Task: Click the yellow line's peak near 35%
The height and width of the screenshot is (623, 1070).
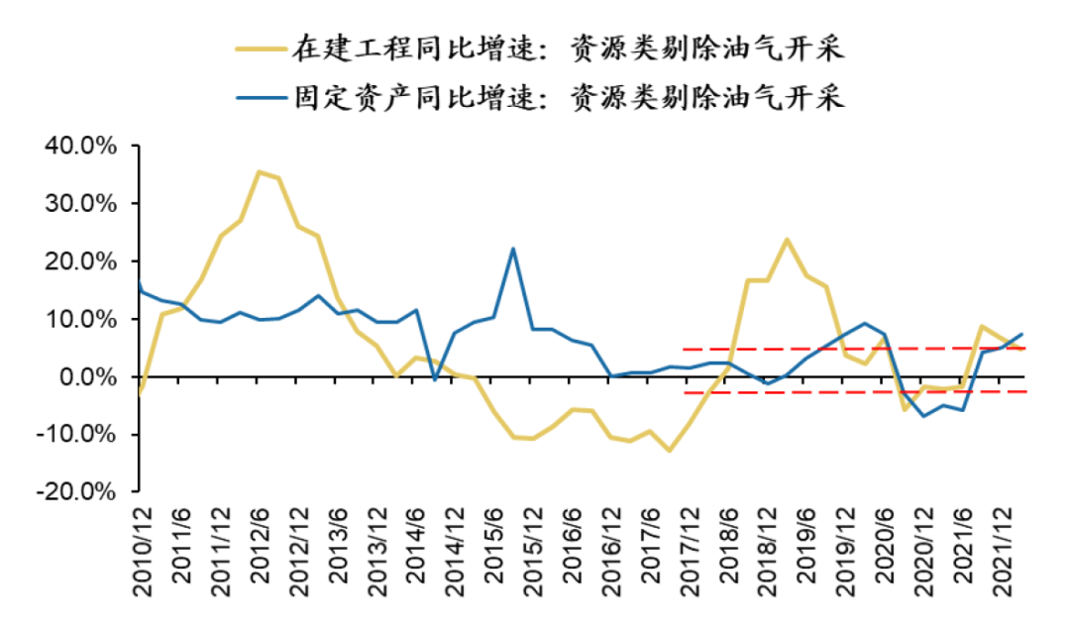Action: pos(259,172)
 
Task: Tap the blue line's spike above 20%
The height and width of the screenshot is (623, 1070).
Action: pos(513,248)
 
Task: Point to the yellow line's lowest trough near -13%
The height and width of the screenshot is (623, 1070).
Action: pos(670,451)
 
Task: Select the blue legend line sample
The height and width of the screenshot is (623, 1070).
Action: pos(258,97)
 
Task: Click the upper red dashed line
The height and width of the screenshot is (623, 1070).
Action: pos(852,349)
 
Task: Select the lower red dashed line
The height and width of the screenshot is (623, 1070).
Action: pos(852,392)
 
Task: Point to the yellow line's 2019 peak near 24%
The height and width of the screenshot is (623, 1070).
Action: pos(787,240)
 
